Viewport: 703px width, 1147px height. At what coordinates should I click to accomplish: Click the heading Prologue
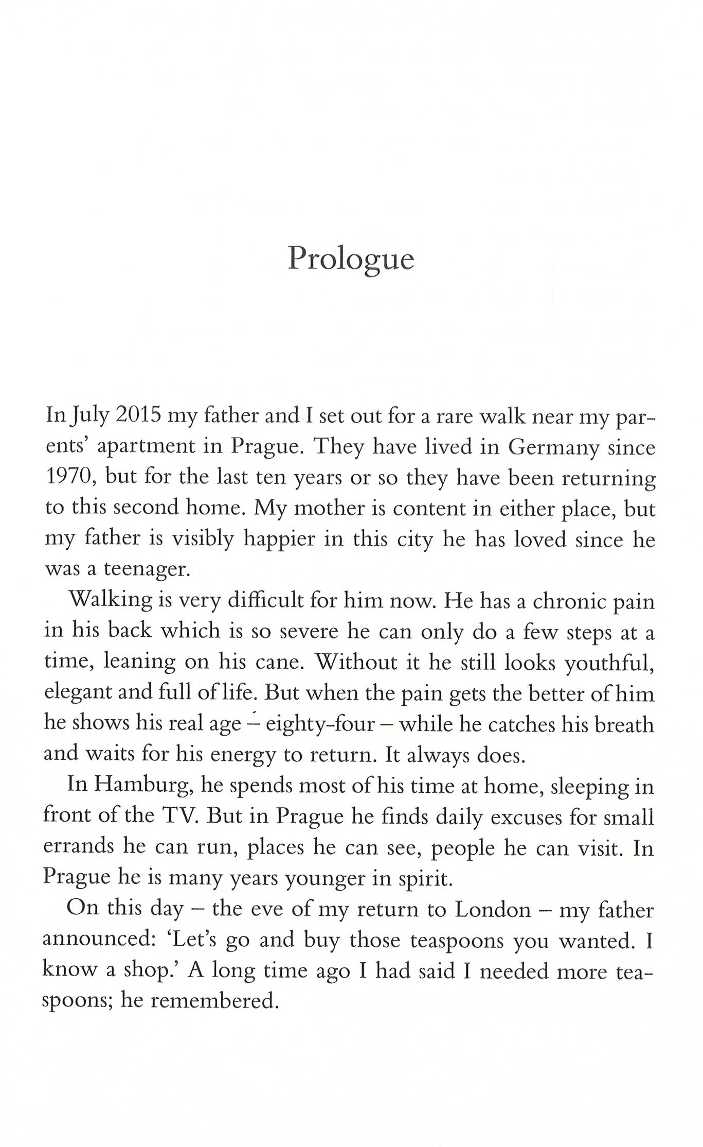pos(351,258)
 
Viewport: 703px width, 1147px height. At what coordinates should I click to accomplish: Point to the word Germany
pos(553,447)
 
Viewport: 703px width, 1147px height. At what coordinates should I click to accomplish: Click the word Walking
pos(110,600)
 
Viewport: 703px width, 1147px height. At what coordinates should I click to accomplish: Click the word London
pos(492,910)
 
